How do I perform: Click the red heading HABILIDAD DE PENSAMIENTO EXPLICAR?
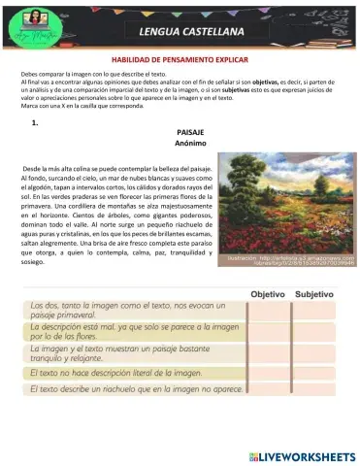(x=180, y=60)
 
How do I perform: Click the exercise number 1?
(x=35, y=123)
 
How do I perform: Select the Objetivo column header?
(x=268, y=293)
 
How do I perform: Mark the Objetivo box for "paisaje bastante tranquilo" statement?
(x=269, y=354)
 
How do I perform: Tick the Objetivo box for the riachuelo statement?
(x=269, y=391)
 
